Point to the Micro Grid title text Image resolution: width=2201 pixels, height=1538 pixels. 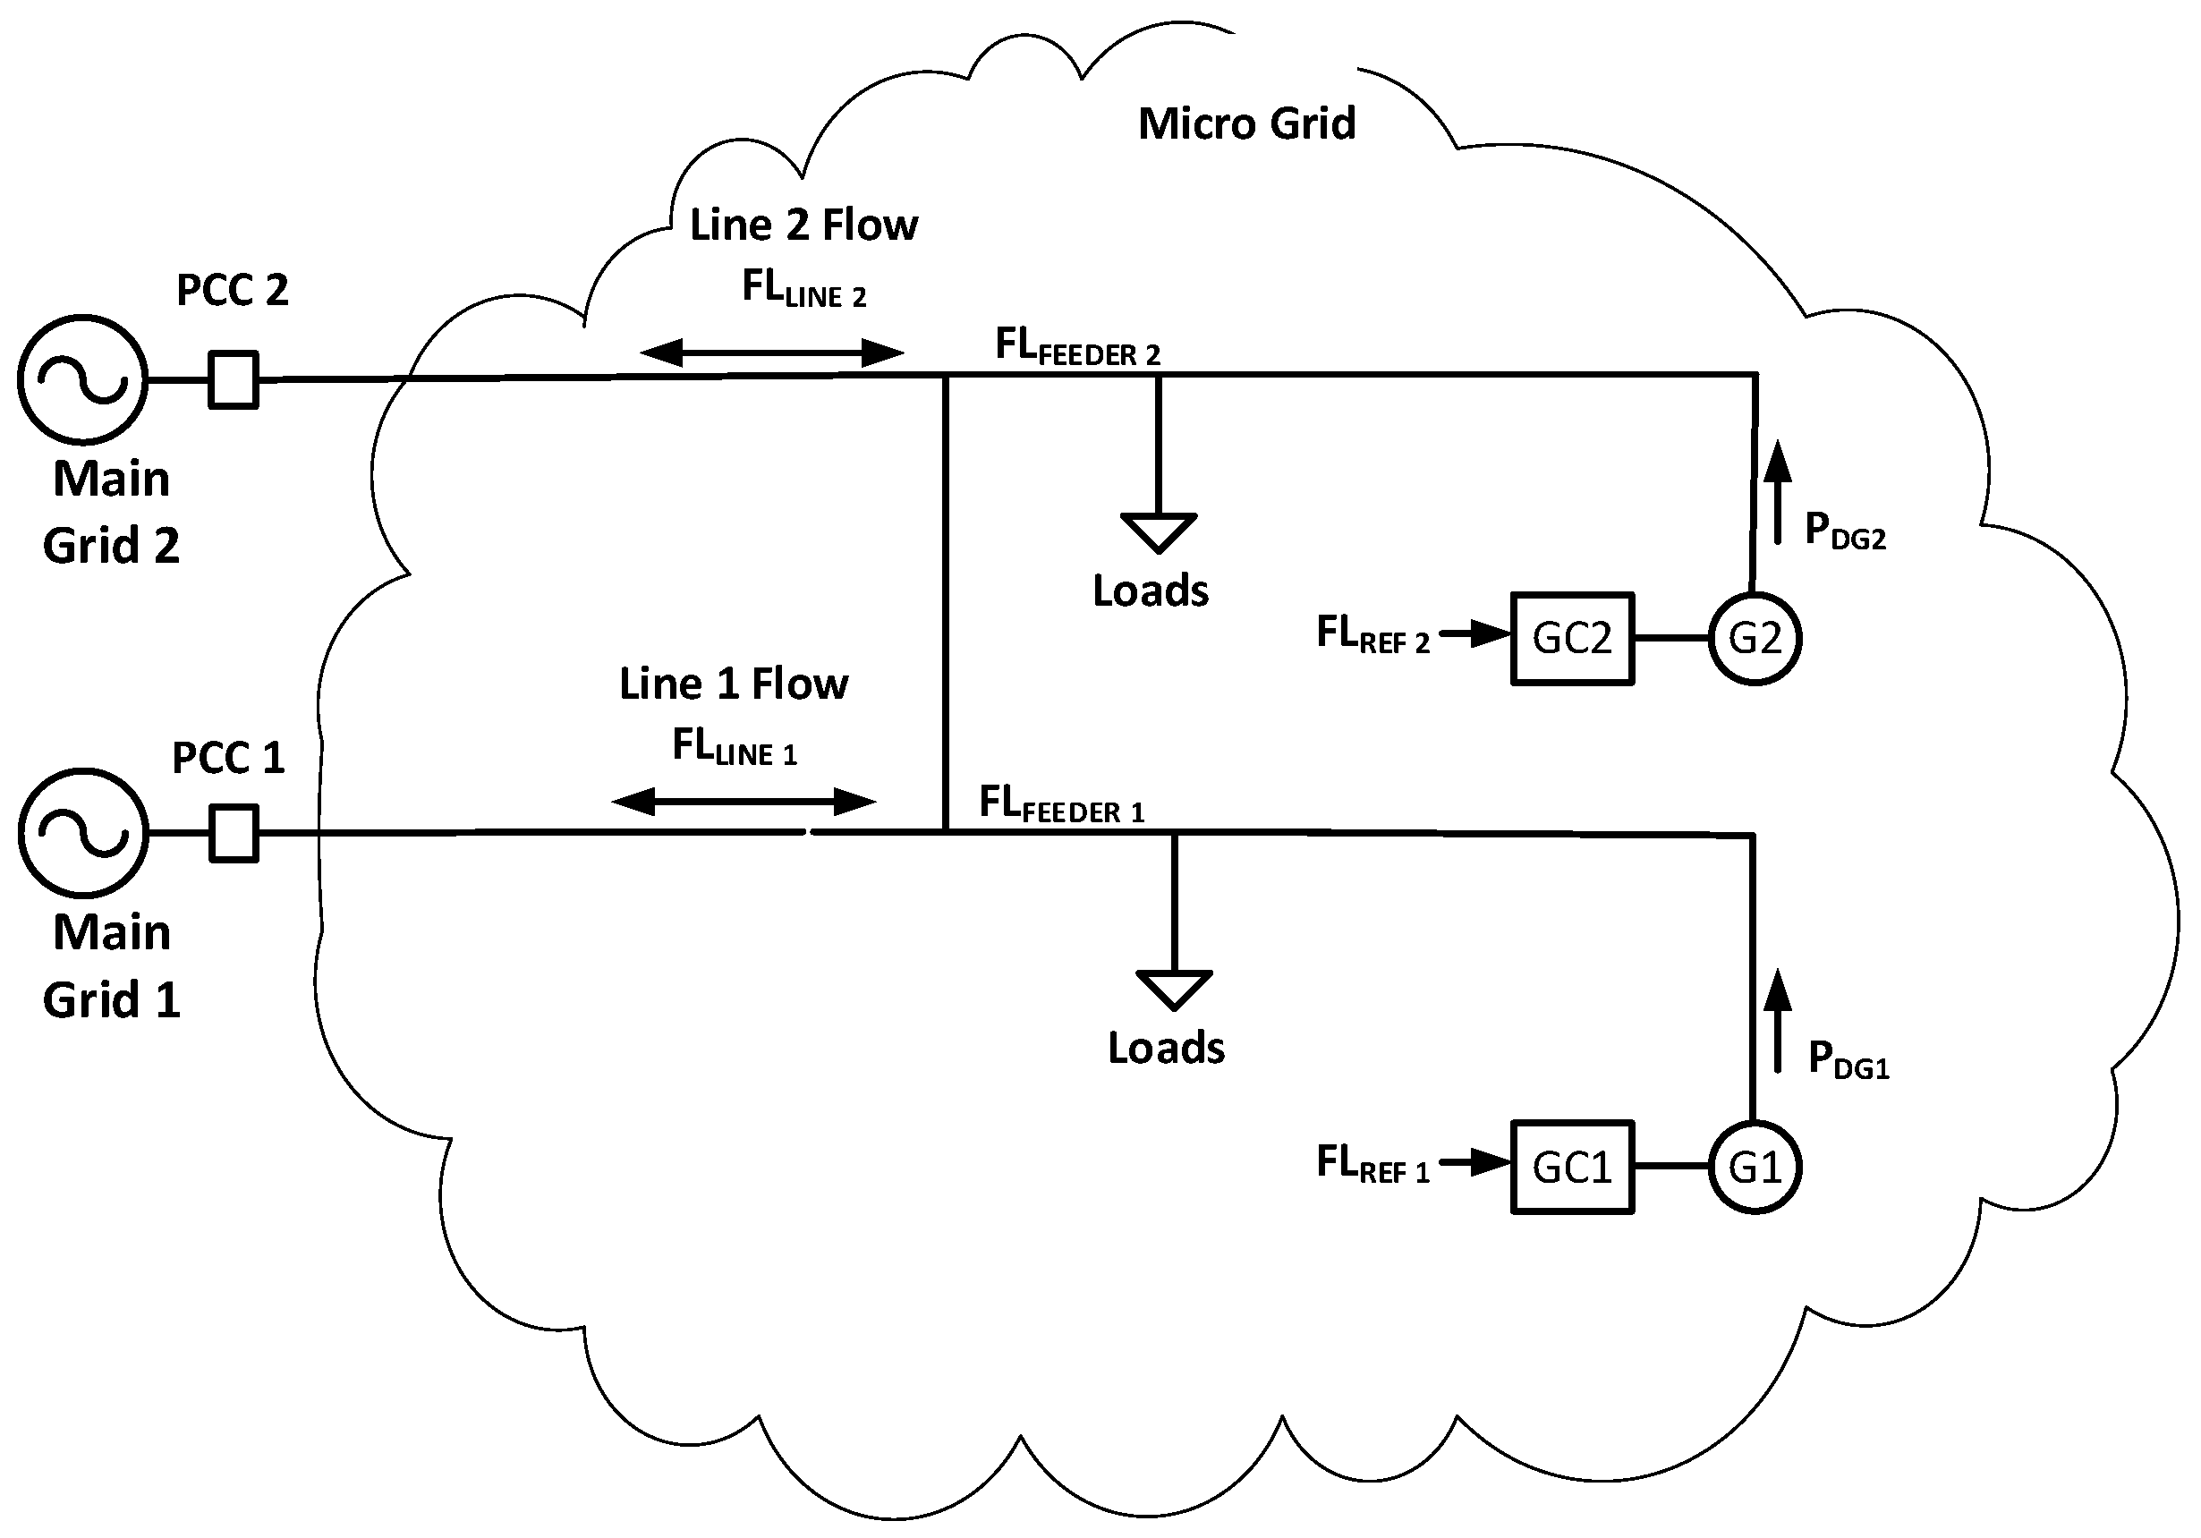(1247, 123)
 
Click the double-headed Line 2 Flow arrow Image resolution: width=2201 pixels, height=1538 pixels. (771, 353)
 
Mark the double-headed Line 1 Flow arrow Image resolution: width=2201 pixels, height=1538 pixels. (744, 802)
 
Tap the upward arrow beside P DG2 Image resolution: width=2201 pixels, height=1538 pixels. (1779, 493)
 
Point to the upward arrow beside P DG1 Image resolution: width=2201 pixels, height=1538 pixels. (1779, 1020)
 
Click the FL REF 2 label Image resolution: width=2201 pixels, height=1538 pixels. (1372, 634)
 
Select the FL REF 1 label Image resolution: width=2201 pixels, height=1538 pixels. (1372, 1164)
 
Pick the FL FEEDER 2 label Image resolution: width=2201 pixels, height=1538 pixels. (1077, 346)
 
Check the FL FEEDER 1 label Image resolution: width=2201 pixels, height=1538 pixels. (1061, 803)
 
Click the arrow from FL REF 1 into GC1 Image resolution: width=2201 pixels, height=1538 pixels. (1475, 1163)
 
